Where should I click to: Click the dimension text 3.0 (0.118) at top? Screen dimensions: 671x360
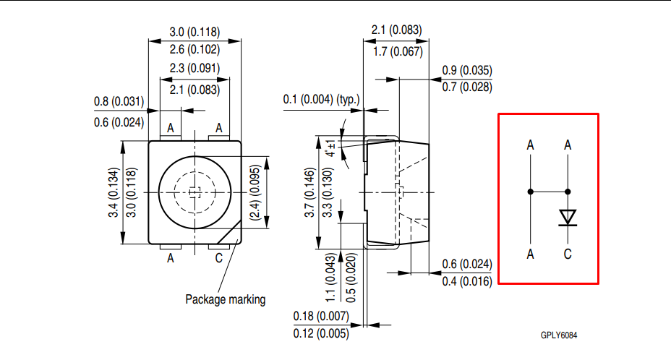(x=195, y=32)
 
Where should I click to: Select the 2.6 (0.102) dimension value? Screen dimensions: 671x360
(x=195, y=50)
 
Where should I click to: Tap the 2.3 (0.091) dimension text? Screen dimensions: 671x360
(x=195, y=69)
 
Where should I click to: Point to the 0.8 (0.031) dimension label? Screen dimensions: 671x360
(x=119, y=102)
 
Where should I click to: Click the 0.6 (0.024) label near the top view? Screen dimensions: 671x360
(x=119, y=123)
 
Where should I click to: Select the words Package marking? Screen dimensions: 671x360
(x=226, y=299)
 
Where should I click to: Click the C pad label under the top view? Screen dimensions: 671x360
(x=218, y=258)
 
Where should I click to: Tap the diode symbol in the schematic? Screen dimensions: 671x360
(x=568, y=218)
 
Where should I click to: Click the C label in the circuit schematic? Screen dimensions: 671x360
(x=568, y=254)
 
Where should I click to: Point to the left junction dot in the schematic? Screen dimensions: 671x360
(x=531, y=192)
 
